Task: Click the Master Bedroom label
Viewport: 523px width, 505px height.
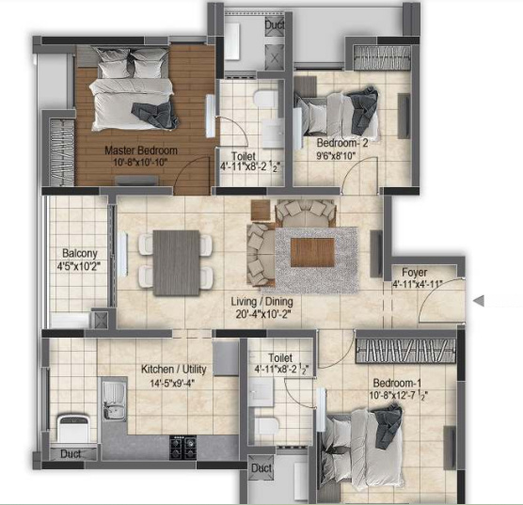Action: point(141,150)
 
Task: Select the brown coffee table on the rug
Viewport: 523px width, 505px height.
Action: point(310,252)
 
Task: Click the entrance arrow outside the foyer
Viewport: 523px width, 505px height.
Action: point(479,301)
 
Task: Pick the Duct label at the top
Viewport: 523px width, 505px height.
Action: point(275,25)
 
